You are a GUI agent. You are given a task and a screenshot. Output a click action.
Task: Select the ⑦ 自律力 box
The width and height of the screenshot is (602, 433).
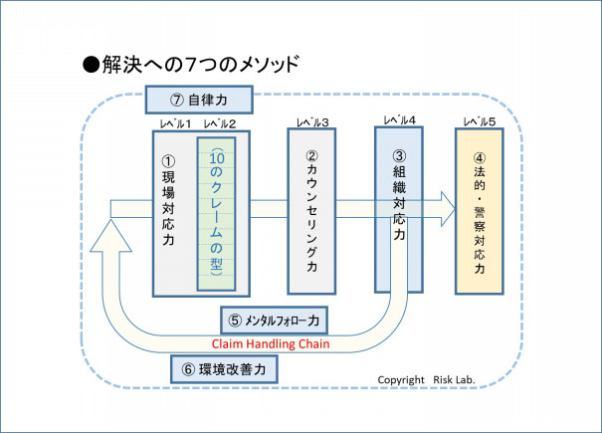[198, 101]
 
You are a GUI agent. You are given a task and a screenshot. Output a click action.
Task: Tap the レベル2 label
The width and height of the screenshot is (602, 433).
[219, 122]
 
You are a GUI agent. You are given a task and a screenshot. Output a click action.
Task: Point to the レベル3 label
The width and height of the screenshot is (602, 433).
[312, 122]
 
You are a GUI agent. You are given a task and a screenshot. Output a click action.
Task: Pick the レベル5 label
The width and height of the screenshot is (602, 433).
[480, 122]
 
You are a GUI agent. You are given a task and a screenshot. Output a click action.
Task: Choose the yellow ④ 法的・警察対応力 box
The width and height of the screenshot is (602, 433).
[482, 212]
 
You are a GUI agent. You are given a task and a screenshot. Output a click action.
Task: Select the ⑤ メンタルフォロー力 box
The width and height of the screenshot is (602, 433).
[274, 321]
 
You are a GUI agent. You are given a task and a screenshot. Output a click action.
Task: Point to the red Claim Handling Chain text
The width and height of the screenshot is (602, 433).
[270, 344]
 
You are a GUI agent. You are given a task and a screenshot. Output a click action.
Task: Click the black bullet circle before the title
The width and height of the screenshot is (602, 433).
[91, 65]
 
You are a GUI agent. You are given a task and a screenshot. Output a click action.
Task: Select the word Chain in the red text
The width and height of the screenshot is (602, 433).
[308, 344]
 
